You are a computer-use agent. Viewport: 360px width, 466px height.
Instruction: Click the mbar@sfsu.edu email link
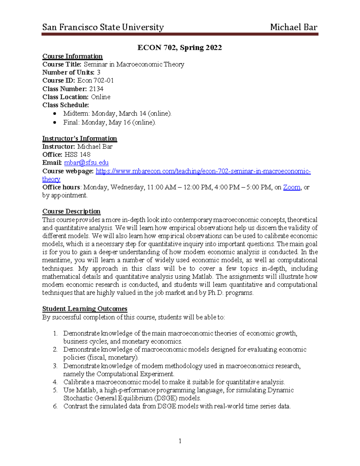tap(86, 163)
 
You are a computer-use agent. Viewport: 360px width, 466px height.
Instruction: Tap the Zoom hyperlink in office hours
tap(291, 187)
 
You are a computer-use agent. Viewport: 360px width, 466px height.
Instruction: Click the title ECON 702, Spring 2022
tap(179, 48)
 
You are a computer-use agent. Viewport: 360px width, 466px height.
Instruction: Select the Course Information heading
tap(72, 56)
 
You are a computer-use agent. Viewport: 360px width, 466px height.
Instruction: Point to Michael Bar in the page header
tap(293, 27)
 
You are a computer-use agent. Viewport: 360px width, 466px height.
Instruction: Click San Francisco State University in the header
tap(103, 27)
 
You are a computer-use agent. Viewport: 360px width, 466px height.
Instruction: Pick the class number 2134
tap(96, 89)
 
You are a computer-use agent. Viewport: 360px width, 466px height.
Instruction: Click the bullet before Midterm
tap(54, 113)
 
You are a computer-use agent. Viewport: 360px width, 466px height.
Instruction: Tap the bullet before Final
tap(54, 122)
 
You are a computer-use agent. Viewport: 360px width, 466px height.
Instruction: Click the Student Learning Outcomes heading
tap(85, 309)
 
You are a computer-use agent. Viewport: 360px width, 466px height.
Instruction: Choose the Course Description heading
tap(71, 211)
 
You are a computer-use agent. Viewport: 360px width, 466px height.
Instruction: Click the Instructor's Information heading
tap(79, 138)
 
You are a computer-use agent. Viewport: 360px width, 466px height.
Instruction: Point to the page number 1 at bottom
tap(180, 441)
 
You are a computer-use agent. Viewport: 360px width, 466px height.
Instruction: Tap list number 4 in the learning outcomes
tap(55, 382)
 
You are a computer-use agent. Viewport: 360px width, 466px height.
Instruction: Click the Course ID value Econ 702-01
tap(95, 80)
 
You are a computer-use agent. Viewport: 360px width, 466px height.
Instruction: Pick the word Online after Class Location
tap(100, 97)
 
